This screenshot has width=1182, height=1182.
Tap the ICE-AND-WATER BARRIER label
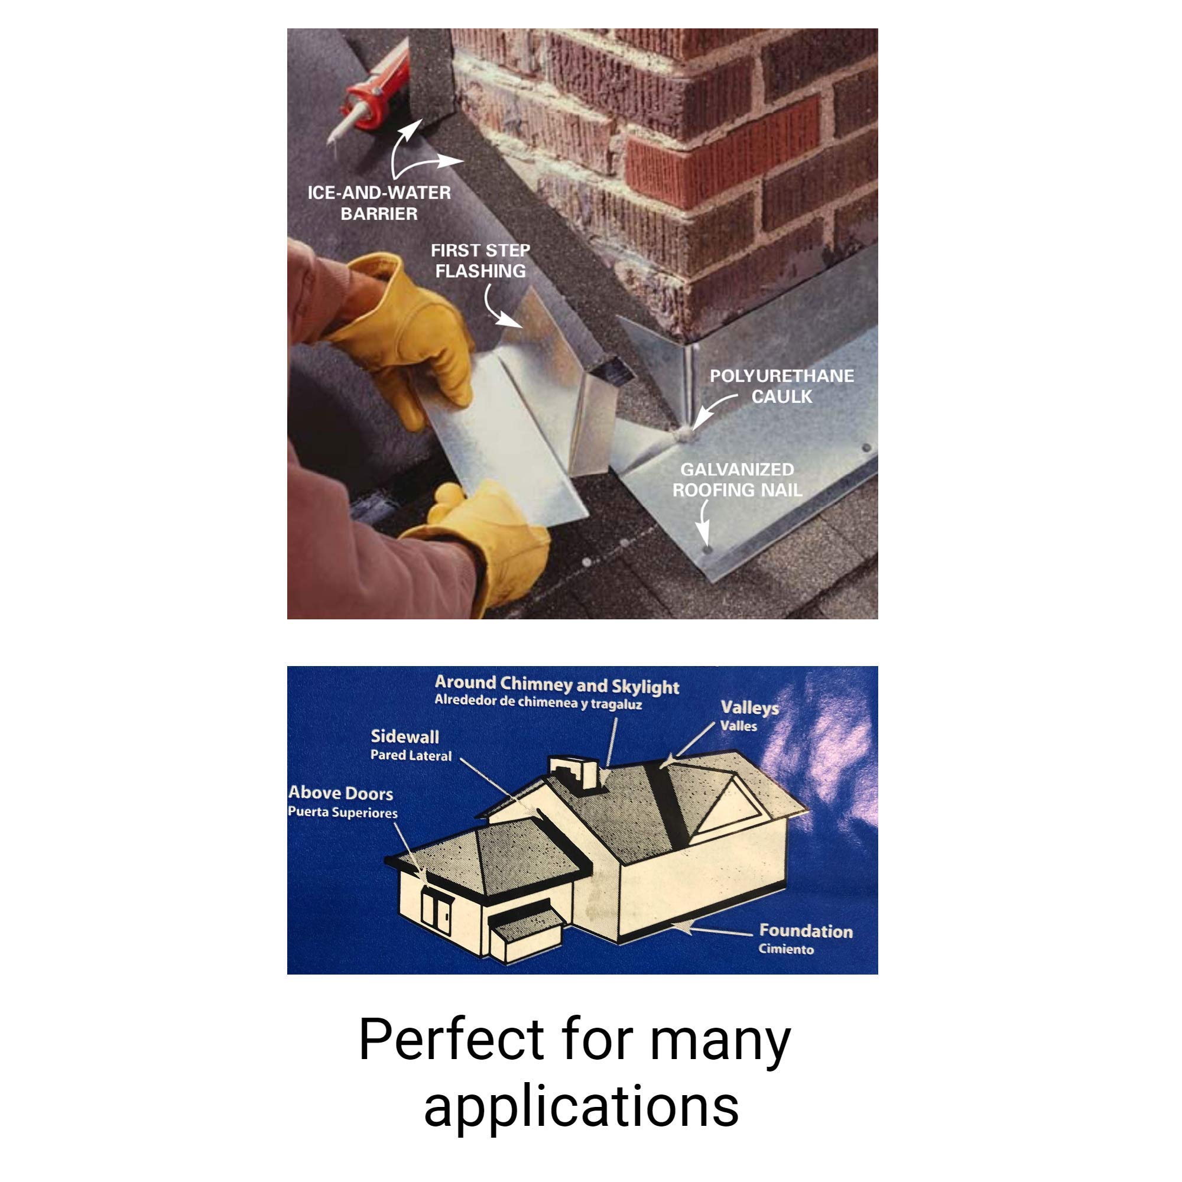click(x=379, y=203)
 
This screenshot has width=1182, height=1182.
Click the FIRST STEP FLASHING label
click(x=480, y=261)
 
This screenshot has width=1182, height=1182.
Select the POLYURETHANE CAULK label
click(x=781, y=386)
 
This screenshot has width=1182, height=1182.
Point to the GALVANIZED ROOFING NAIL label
click(x=737, y=480)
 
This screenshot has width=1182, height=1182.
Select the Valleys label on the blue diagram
click(x=749, y=708)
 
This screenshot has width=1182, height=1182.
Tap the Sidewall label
click(x=405, y=736)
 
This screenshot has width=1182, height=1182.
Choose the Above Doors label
click(x=341, y=794)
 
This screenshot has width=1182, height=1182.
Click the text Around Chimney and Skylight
click(x=557, y=684)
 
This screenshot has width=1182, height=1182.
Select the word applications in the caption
click(x=581, y=1106)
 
